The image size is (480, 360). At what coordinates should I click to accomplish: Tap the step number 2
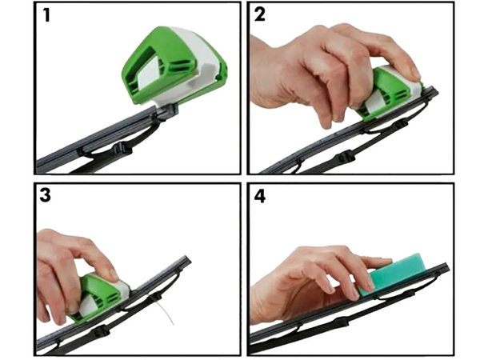260,15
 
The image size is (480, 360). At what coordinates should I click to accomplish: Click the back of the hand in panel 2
320,64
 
